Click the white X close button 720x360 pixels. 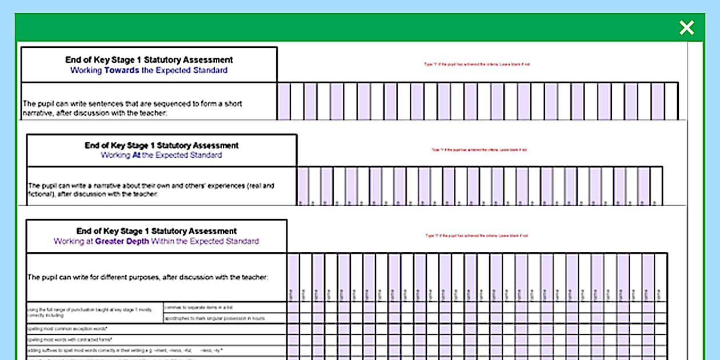point(686,27)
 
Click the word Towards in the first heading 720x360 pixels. point(121,70)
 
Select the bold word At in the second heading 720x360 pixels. point(137,155)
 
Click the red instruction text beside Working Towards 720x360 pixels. point(477,65)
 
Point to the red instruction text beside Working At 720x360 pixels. point(479,150)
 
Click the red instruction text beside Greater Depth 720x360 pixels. point(477,235)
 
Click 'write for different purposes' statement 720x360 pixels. point(147,277)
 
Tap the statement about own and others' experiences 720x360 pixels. point(151,190)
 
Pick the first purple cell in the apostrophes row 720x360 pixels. point(293,318)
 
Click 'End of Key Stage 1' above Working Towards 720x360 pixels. point(149,59)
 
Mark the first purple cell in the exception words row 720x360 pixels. point(293,329)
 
